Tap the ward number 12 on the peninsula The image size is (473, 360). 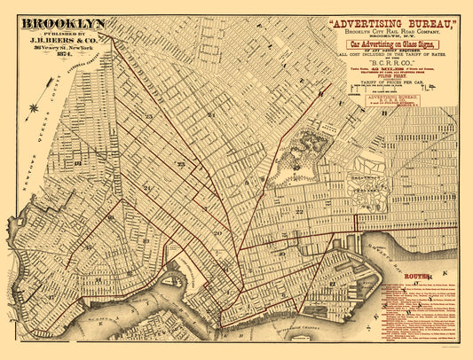[331, 284]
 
